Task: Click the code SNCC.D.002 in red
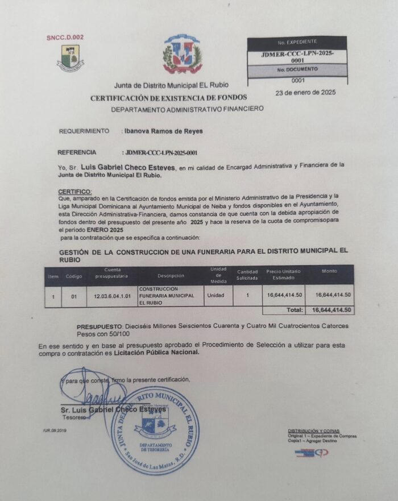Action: pyautogui.click(x=65, y=38)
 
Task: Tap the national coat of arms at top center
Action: pyautogui.click(x=183, y=55)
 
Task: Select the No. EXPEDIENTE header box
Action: pyautogui.click(x=297, y=43)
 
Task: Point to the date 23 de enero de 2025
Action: pyautogui.click(x=305, y=92)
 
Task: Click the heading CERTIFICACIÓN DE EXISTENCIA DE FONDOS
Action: pyautogui.click(x=176, y=98)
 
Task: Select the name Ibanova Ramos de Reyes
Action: pyautogui.click(x=163, y=131)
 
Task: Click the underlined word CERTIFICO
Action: pyautogui.click(x=74, y=191)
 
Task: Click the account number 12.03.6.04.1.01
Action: pyautogui.click(x=113, y=296)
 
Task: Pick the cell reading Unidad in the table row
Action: pyautogui.click(x=216, y=296)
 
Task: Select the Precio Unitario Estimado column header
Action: pyautogui.click(x=283, y=274)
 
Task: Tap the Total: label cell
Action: pyautogui.click(x=293, y=310)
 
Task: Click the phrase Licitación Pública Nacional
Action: pyautogui.click(x=157, y=352)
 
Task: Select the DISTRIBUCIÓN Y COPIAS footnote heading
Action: pyautogui.click(x=313, y=431)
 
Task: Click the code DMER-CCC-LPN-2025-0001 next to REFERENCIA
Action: pyautogui.click(x=162, y=152)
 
